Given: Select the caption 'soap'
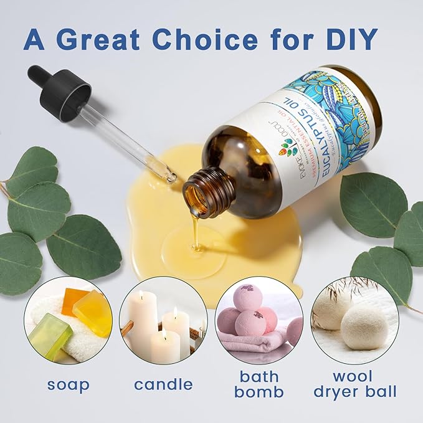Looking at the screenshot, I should (x=68, y=384).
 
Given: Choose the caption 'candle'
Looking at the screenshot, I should (x=163, y=384).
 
